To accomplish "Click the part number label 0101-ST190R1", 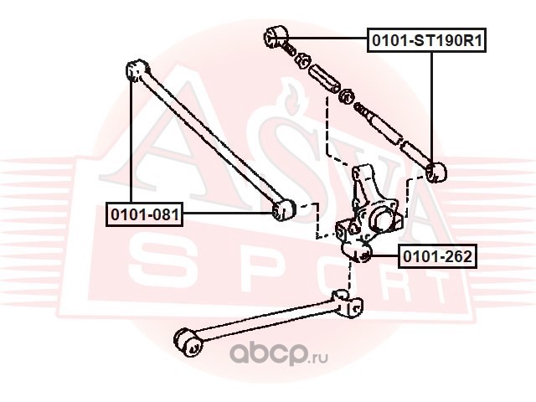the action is [428, 39].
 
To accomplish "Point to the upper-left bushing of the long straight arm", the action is [135, 70].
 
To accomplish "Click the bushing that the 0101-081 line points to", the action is [283, 208].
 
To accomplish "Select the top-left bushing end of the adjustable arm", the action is [276, 36].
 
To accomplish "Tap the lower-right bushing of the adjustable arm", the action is [436, 173].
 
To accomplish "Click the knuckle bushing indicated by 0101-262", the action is [361, 253].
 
